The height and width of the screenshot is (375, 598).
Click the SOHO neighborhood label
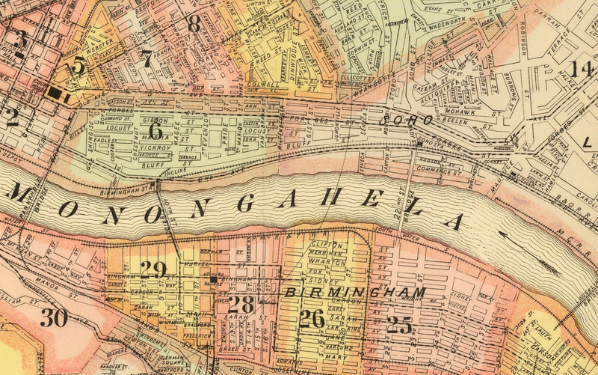pyautogui.click(x=407, y=120)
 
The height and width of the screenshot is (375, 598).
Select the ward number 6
pyautogui.click(x=155, y=128)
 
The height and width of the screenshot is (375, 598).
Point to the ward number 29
pyautogui.click(x=152, y=269)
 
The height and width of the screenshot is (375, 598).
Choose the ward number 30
pyautogui.click(x=55, y=318)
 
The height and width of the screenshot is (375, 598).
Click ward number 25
pyautogui.click(x=400, y=324)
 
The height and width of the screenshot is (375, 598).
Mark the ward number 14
pyautogui.click(x=581, y=70)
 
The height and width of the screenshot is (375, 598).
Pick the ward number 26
pyautogui.click(x=312, y=319)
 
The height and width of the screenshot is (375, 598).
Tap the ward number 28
pyautogui.click(x=241, y=304)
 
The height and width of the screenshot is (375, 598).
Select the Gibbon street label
pyautogui.click(x=155, y=120)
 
